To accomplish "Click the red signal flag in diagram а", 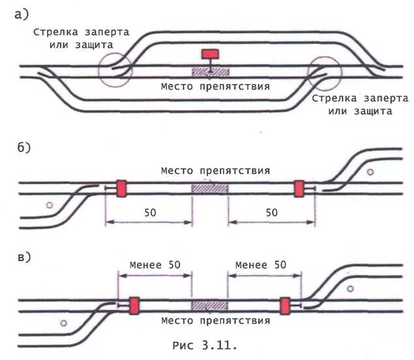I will (x=211, y=53).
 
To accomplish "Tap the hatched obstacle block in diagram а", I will (x=209, y=72).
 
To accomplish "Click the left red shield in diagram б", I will (x=121, y=188).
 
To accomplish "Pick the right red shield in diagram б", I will (x=299, y=188).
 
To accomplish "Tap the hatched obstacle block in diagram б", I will (x=209, y=188).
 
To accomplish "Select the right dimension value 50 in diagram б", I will (x=271, y=212).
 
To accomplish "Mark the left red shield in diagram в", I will (x=134, y=306).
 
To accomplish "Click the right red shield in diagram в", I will (x=285, y=306).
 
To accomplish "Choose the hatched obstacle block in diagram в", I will (x=209, y=306).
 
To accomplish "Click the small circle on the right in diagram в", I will (x=350, y=288).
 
